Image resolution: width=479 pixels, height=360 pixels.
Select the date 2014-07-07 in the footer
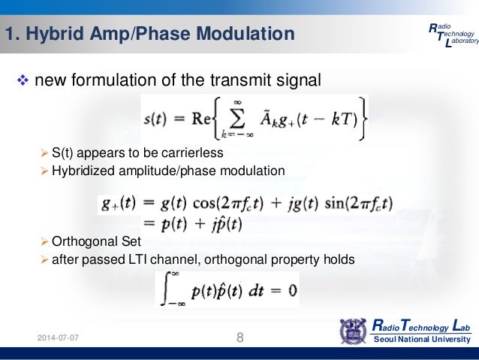pyautogui.click(x=59, y=338)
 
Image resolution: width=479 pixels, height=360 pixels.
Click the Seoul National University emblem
pyautogui.click(x=354, y=331)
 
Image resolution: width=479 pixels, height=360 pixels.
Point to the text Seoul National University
pyautogui.click(x=423, y=340)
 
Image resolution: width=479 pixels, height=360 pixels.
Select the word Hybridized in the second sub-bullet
pyautogui.click(x=80, y=171)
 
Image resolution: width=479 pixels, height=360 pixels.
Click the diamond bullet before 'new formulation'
pyautogui.click(x=22, y=81)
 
